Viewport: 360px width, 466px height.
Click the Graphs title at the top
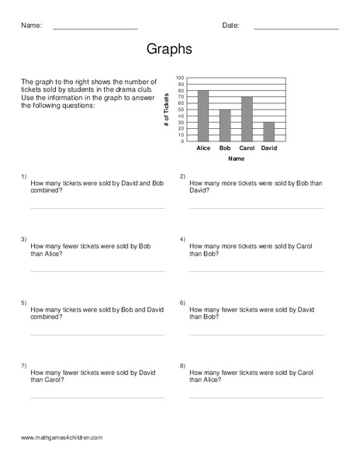click(169, 49)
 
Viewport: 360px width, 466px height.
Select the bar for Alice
click(203, 116)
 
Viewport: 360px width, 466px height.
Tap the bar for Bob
click(225, 125)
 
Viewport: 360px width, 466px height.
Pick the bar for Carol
click(247, 119)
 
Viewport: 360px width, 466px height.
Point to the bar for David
click(268, 131)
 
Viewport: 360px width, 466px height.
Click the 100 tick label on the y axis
click(180, 78)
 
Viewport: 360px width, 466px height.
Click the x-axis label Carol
click(247, 148)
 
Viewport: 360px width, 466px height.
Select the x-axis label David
click(268, 148)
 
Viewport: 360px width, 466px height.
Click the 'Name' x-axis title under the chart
click(236, 158)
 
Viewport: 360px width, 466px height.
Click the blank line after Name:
click(95, 29)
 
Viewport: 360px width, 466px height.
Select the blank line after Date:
click(296, 29)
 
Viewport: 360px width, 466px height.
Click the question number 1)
click(24, 176)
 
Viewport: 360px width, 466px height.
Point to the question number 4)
click(182, 239)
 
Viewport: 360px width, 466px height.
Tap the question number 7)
click(24, 365)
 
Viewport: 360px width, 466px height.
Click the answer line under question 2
click(256, 208)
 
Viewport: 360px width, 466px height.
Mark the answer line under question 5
click(97, 335)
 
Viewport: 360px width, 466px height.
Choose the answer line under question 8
click(256, 398)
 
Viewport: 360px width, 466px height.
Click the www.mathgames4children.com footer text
click(62, 438)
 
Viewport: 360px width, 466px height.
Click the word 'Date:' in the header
click(230, 26)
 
